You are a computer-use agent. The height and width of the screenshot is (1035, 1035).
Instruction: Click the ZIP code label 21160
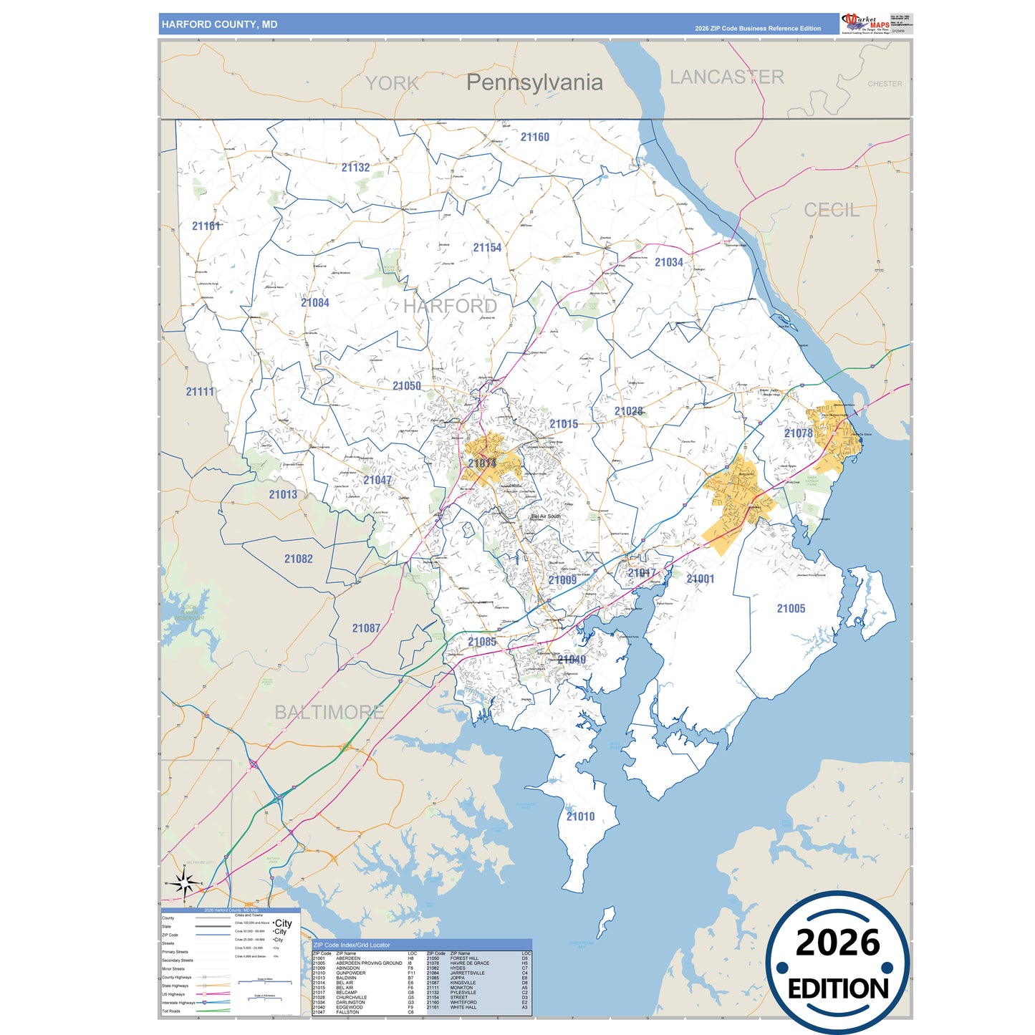pos(535,137)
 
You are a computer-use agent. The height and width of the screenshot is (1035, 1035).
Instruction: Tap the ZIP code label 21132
pos(355,168)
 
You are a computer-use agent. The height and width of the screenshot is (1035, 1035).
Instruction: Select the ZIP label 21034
pos(669,263)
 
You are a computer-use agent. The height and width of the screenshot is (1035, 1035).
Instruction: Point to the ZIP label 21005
pos(791,609)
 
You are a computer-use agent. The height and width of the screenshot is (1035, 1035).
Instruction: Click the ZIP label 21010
pos(580,817)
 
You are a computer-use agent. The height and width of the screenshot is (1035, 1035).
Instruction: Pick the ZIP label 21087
pos(366,628)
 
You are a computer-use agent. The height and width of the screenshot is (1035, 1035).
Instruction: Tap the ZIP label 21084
pos(315,303)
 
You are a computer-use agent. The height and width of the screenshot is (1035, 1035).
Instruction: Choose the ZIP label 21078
pos(798,433)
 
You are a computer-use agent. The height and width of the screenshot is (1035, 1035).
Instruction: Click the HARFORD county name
pos(450,307)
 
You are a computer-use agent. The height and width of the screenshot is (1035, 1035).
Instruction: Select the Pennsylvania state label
pos(534,82)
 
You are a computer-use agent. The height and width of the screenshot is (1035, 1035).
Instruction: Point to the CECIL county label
pos(831,210)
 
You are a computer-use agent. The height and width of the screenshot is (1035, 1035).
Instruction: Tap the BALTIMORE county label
pos(329,712)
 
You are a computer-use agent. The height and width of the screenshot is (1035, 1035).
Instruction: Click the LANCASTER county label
pos(726,77)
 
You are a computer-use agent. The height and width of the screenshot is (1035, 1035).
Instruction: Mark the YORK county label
pos(392,84)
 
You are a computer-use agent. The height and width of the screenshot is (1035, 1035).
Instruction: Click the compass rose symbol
pos(185,884)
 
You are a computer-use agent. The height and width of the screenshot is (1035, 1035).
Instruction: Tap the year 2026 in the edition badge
pos(837,943)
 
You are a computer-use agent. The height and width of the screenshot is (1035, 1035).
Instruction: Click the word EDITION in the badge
pos(838,989)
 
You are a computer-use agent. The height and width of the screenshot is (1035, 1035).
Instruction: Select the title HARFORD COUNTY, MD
pos(219,24)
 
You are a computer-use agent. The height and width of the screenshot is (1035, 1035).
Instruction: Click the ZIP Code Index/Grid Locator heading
pos(352,945)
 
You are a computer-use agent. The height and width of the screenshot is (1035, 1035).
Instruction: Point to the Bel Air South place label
pos(546,516)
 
